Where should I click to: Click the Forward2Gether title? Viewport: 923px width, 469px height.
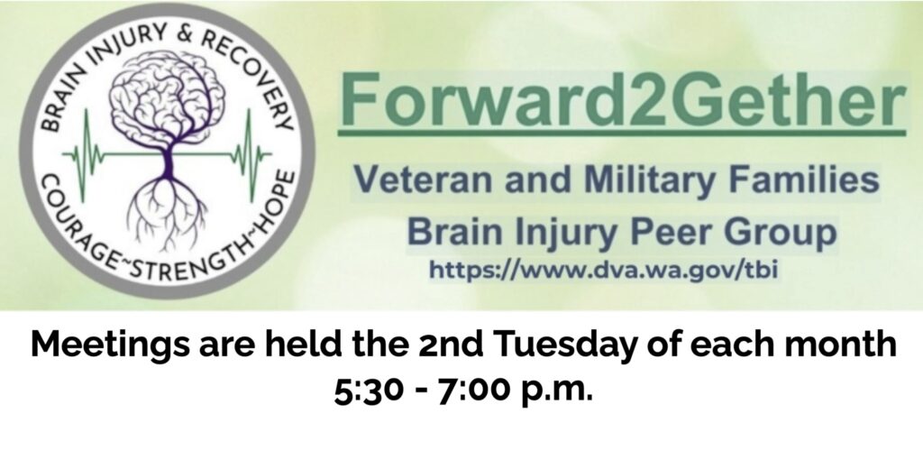622,98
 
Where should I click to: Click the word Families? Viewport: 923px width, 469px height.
804,179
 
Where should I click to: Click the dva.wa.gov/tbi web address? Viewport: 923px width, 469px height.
603,270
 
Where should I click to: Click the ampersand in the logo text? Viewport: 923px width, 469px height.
186,36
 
